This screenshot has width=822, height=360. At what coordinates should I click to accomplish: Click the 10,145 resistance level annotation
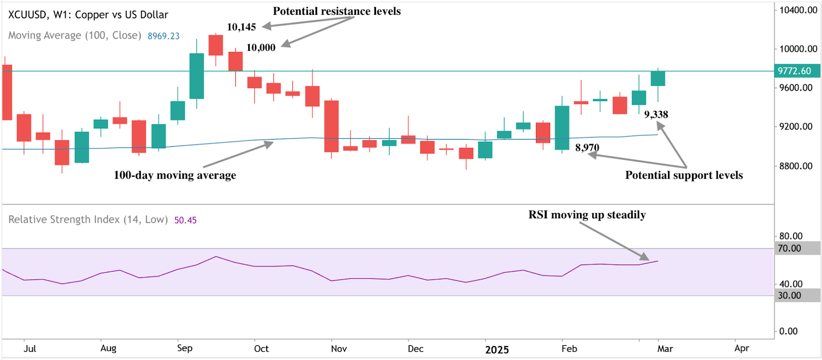[x=241, y=27]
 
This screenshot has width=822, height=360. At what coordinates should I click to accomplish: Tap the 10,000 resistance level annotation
[x=260, y=48]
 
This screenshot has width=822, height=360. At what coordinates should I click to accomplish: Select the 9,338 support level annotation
[x=656, y=115]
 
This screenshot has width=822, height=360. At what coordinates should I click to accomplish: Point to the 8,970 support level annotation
[x=587, y=148]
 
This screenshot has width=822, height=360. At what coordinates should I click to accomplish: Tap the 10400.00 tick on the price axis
[x=798, y=10]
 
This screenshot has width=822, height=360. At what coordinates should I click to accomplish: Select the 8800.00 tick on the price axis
[x=796, y=166]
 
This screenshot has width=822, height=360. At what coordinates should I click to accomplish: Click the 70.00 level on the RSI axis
[x=790, y=249]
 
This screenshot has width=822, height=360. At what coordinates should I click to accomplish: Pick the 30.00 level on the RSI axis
[x=790, y=296]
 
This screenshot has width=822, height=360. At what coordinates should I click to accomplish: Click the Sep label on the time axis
[x=185, y=348]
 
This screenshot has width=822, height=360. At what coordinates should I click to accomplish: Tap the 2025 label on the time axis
[x=497, y=350]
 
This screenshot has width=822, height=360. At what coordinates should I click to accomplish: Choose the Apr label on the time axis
[x=741, y=348]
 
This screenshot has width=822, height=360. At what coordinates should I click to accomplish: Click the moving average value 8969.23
[x=163, y=36]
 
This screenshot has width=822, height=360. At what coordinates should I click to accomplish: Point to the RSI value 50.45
[x=185, y=220]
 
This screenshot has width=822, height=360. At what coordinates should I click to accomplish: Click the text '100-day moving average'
[x=175, y=175]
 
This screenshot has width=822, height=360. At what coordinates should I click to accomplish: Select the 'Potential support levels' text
[x=684, y=175]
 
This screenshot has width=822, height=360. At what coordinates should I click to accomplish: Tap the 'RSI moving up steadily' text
[x=587, y=215]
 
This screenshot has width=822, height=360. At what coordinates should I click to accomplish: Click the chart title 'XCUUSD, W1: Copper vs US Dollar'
[x=88, y=15]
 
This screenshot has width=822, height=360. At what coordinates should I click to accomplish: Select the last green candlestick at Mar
[x=658, y=79]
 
